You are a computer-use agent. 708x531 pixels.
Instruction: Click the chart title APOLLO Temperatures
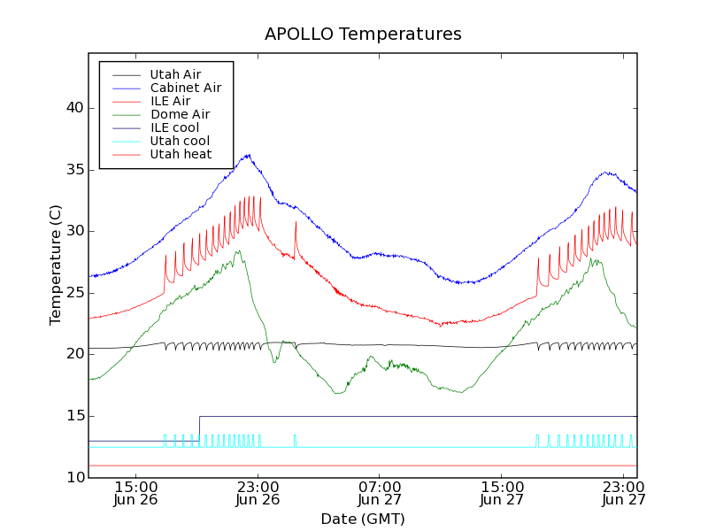363,35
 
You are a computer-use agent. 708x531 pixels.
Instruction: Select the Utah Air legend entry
175,74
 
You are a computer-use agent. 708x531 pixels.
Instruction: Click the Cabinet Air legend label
185,88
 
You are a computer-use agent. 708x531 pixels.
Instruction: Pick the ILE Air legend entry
170,101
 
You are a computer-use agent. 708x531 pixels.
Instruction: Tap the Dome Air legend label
180,114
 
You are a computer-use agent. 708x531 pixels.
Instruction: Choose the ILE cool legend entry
174,127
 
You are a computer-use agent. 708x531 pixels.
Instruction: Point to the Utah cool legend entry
180,141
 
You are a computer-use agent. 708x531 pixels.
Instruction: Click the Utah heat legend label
181,154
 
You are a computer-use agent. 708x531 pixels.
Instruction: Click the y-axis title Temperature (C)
56,265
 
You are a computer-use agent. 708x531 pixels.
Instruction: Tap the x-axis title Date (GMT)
363,519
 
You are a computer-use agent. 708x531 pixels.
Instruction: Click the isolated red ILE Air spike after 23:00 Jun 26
296,223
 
